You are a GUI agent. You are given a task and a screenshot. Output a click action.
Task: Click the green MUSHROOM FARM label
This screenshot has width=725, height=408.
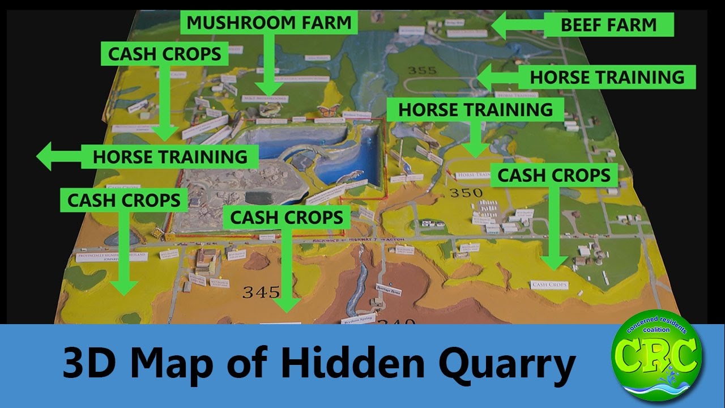pos(269,23)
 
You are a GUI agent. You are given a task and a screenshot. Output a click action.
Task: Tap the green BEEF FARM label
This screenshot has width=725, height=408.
pos(608,25)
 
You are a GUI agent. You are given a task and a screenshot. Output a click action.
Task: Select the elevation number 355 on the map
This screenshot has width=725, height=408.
pos(421,70)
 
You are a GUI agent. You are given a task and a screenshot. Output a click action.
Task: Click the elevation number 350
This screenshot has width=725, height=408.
pos(466,193)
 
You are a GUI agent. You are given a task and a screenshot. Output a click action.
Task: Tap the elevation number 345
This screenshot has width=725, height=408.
pos(261,292)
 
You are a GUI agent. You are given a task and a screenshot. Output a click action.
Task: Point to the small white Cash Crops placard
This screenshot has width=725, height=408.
pos(549,285)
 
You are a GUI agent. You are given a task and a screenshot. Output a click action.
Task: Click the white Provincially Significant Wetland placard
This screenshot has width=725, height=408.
pos(112,257)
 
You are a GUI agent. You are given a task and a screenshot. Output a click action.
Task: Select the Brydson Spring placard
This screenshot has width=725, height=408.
pos(357,319)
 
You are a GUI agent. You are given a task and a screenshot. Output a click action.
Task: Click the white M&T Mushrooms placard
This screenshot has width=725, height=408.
pos(265,99)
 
